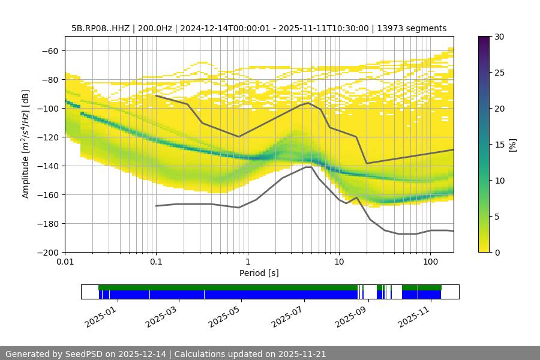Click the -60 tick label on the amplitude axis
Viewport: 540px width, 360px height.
50,50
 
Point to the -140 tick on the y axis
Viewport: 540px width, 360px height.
48,166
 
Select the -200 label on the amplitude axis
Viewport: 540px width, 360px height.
48,252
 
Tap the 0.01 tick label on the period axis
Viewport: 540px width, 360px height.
65,263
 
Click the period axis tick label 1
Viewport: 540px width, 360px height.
247,263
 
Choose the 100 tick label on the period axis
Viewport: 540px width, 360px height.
430,263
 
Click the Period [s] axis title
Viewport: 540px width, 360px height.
259,274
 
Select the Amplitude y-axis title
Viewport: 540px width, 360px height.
26,144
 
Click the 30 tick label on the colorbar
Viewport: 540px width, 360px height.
499,37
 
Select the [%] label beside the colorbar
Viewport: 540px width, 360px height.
512,145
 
